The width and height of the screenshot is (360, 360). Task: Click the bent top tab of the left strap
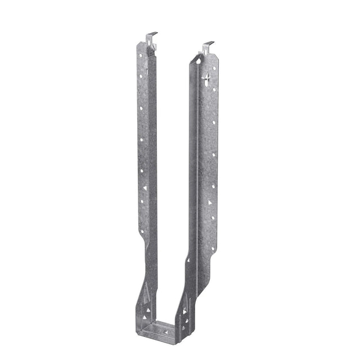tap(150, 38)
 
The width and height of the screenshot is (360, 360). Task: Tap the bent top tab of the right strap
tap(208, 45)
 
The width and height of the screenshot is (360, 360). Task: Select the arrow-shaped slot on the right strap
tap(206, 77)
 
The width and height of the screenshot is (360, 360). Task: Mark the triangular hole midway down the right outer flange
tap(210, 202)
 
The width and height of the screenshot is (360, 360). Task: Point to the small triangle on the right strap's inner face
tap(188, 260)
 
